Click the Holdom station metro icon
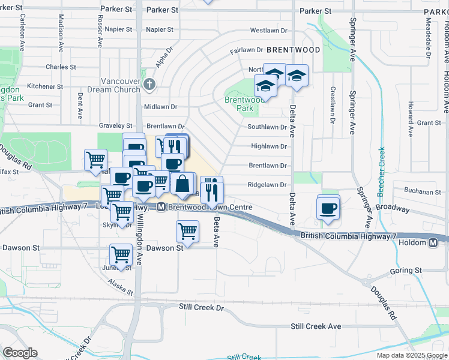pyautogui.click(x=433, y=242)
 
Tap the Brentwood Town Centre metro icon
pyautogui.click(x=161, y=207)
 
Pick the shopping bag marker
pyautogui.click(x=182, y=182)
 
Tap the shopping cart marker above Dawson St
pyautogui.click(x=188, y=231)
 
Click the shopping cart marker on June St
pyautogui.click(x=121, y=254)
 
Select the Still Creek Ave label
pyautogui.click(x=316, y=326)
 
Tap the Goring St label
pyautogui.click(x=406, y=271)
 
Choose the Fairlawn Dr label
pyautogui.click(x=247, y=50)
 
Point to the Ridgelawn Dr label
pyautogui.click(x=267, y=185)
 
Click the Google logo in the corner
pyautogui.click(x=20, y=353)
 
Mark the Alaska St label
pyautogui.click(x=122, y=288)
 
